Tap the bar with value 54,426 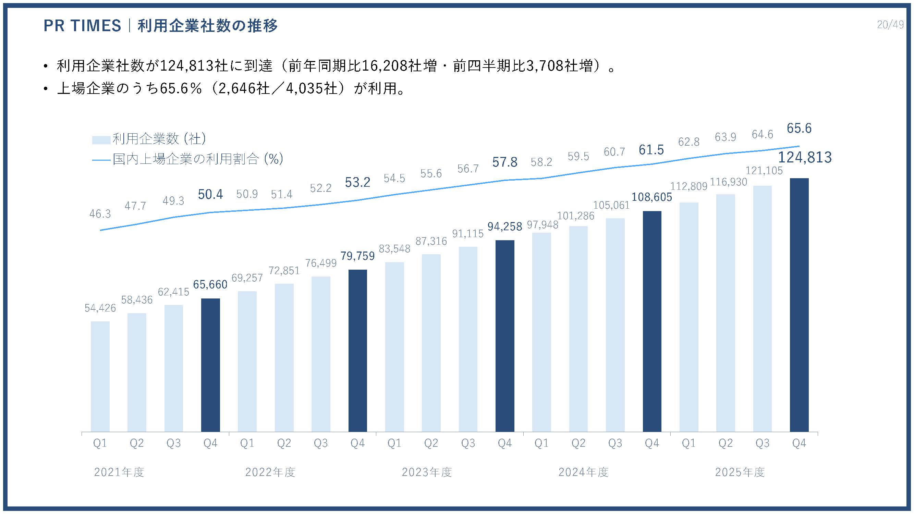(100, 376)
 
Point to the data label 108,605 (652, 197)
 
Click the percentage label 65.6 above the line (799, 128)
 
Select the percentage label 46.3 (100, 214)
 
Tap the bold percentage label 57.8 (504, 162)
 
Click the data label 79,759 (358, 256)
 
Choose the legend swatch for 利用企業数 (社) (101, 140)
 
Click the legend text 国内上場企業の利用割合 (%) (198, 159)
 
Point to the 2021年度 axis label (119, 472)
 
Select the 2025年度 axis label (740, 472)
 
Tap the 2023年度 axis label (426, 472)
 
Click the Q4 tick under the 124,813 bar (799, 443)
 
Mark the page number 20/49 (890, 24)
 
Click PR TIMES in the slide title (82, 26)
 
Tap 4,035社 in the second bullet (311, 88)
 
